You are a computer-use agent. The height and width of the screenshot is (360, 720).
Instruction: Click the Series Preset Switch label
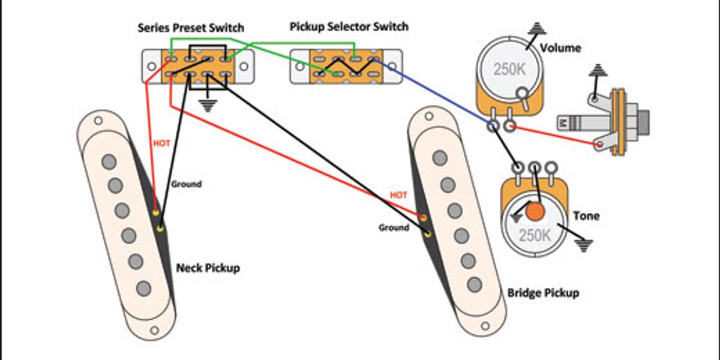[x=191, y=28]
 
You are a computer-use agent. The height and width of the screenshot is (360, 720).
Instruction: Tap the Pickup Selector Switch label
[x=349, y=27]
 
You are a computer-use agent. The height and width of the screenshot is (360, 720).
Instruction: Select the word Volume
[x=560, y=47]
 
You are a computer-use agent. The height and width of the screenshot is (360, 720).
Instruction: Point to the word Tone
[x=586, y=215]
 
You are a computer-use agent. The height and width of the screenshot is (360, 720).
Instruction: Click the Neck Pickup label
[x=208, y=268]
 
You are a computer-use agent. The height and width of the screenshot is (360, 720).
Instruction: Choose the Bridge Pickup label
[x=543, y=293]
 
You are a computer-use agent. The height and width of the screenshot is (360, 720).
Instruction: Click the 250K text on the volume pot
[x=509, y=69]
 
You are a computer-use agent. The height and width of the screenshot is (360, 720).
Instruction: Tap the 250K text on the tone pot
[x=534, y=235]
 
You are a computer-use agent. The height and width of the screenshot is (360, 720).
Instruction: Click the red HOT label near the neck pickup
[x=162, y=143]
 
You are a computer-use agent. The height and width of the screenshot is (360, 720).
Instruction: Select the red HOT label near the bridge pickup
[x=398, y=196]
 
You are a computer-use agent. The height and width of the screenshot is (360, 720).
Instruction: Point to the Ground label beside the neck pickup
[x=187, y=184]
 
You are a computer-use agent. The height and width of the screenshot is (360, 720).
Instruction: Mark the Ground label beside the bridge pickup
[x=394, y=227]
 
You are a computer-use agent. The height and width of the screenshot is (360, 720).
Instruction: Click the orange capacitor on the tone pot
[x=535, y=211]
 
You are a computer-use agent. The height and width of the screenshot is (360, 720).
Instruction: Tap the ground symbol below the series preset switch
[x=208, y=106]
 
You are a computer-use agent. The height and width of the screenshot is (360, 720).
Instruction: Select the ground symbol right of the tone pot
[x=583, y=245]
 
